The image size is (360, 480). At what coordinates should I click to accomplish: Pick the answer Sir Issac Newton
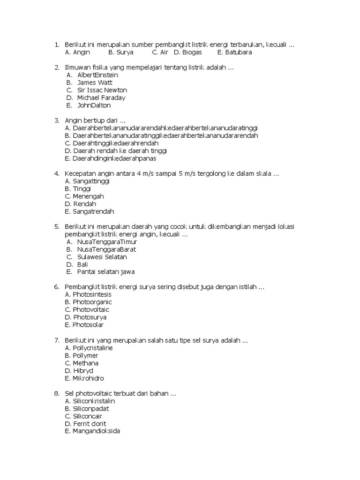[102, 90]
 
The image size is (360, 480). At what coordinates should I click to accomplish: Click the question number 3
[56, 120]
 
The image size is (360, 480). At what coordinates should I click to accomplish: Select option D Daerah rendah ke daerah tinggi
[116, 151]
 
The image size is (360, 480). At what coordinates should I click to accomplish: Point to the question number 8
[56, 393]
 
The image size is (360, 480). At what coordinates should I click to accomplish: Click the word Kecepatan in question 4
[81, 174]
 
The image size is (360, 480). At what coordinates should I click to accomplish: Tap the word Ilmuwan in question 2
[77, 67]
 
